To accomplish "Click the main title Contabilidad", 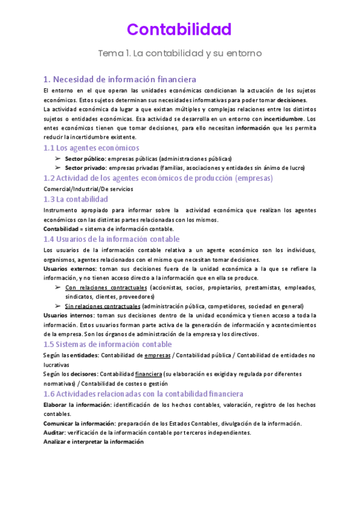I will pyautogui.click(x=179, y=29).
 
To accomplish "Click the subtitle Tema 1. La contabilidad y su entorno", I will pyautogui.click(x=179, y=53).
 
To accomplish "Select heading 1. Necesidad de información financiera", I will pyautogui.click(x=120, y=79).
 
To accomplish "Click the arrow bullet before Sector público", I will pyautogui.click(x=57, y=158).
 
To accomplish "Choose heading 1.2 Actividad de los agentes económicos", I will pyautogui.click(x=158, y=178).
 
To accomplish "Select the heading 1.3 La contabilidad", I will pyautogui.click(x=76, y=199).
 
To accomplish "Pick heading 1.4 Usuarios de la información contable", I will pyautogui.click(x=112, y=239).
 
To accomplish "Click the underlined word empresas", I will pyautogui.click(x=158, y=355).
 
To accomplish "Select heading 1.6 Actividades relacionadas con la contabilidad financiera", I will pyautogui.click(x=143, y=394).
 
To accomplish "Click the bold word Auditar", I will pyautogui.click(x=55, y=432).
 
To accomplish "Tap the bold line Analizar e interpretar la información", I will pyautogui.click(x=94, y=442).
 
